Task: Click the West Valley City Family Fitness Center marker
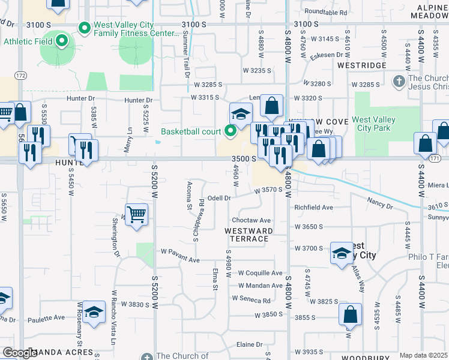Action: (x=85, y=28)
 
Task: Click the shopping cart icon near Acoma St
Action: (x=137, y=214)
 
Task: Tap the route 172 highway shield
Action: (x=21, y=76)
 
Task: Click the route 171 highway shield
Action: (x=435, y=158)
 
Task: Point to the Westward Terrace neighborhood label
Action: (x=249, y=235)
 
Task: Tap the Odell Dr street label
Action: (x=219, y=198)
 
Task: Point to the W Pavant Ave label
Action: (x=179, y=260)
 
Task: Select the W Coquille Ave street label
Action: (x=259, y=273)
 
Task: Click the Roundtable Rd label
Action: (x=325, y=12)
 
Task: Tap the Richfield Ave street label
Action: (x=313, y=208)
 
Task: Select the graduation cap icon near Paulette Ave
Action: (x=94, y=312)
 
